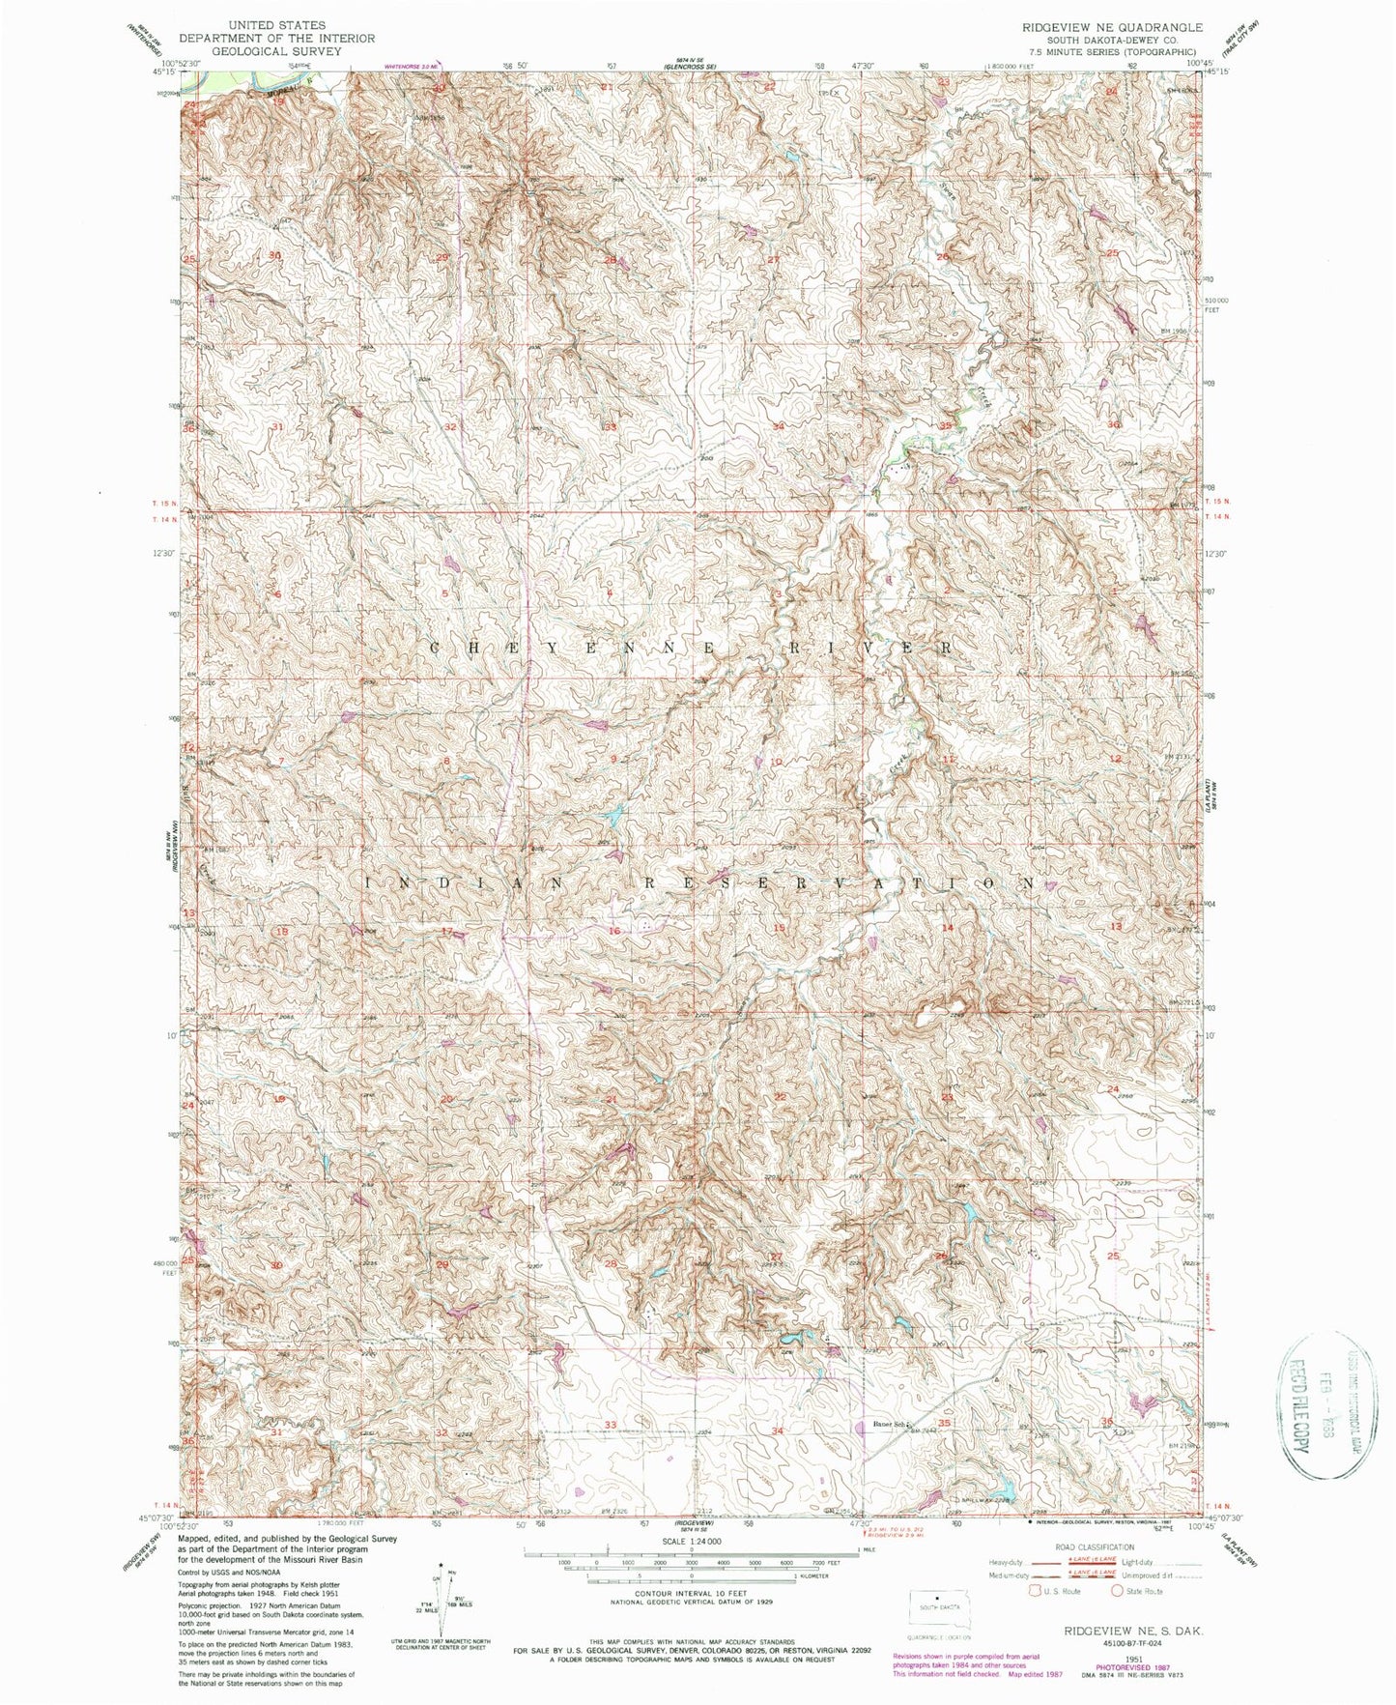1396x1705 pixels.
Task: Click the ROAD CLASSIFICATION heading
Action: coord(1092,1546)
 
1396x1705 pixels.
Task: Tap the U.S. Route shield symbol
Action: coord(1038,1591)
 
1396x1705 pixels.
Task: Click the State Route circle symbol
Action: coord(1118,1591)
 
